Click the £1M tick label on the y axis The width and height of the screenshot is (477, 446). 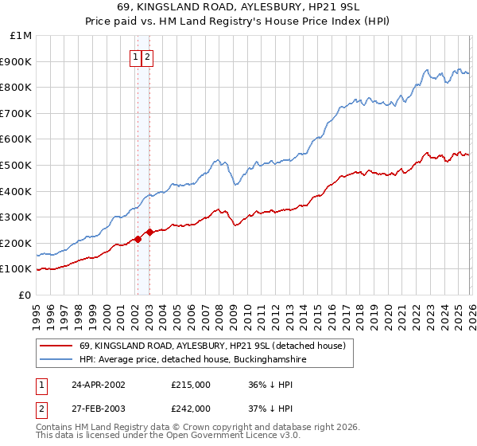(x=21, y=35)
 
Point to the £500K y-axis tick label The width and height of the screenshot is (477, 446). (x=16, y=165)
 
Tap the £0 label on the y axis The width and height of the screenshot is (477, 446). (x=25, y=295)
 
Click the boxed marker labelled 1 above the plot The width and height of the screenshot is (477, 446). (x=137, y=57)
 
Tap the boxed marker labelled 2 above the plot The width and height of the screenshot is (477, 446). (x=149, y=57)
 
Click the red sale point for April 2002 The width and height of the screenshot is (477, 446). (x=138, y=239)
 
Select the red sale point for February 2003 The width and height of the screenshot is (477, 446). (x=149, y=232)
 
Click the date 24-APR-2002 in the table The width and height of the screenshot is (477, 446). (x=99, y=384)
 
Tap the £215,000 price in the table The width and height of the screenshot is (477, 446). (x=191, y=384)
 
